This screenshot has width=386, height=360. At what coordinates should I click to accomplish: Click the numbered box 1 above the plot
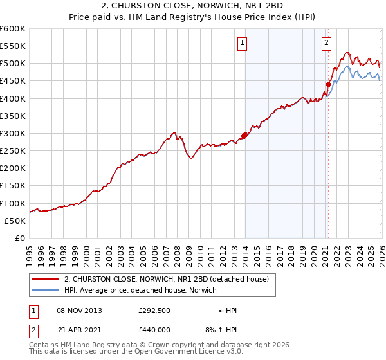(243, 43)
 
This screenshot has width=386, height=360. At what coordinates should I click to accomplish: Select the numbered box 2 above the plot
(326, 43)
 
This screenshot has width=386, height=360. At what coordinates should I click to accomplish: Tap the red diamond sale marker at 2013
(244, 136)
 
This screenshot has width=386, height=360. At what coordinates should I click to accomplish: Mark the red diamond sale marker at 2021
(328, 84)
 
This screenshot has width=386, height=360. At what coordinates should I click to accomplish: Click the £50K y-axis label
(15, 221)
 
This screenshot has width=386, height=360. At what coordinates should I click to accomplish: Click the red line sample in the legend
(46, 279)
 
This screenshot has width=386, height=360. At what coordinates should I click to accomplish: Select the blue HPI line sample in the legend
(46, 290)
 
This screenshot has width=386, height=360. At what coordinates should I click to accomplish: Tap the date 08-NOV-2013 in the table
(79, 310)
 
